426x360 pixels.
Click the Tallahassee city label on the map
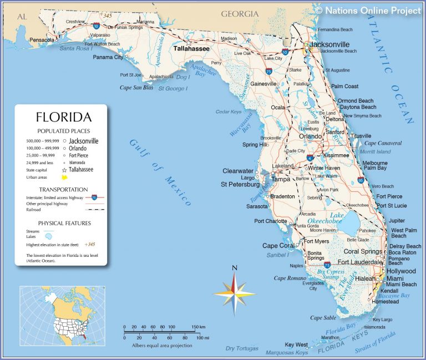(x=191, y=49)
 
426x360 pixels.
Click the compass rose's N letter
(x=234, y=268)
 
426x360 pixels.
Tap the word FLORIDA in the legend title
(x=64, y=117)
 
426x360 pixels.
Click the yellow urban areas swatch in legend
(x=64, y=178)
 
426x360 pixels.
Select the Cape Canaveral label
(x=382, y=143)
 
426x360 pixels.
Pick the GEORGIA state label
(x=240, y=13)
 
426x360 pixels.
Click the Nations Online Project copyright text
(x=368, y=10)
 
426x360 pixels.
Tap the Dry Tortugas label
(x=242, y=348)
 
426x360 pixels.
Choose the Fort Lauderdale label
(x=361, y=262)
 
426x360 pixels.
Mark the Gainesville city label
(x=263, y=84)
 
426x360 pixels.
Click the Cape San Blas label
(x=136, y=88)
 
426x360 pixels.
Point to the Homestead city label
(x=385, y=302)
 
